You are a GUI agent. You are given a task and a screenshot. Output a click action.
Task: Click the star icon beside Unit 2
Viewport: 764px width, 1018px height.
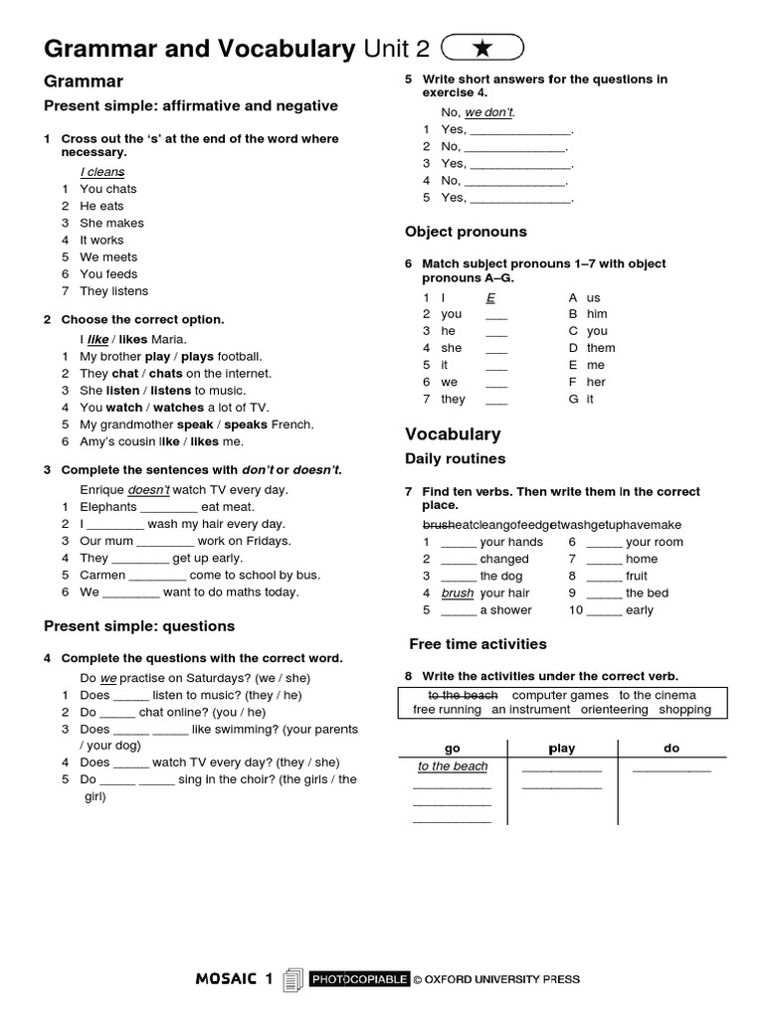pos(481,48)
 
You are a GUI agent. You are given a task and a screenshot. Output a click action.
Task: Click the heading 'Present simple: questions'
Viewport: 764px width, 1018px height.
pos(139,626)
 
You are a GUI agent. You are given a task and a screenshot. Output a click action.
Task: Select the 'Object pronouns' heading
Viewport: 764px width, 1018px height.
pos(466,232)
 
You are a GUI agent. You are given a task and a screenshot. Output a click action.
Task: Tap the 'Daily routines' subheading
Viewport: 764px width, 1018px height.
pos(455,458)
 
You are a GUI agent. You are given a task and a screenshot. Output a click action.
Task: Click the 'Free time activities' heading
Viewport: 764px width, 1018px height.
pos(477,643)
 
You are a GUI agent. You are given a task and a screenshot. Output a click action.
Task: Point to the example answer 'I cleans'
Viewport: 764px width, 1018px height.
pos(102,172)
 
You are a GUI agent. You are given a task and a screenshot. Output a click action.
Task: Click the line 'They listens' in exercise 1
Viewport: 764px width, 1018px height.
pos(113,291)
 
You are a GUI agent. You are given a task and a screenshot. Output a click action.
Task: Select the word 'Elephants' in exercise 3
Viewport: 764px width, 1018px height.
pos(108,507)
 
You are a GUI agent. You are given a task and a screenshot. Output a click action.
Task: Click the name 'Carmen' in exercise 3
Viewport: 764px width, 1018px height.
pos(102,575)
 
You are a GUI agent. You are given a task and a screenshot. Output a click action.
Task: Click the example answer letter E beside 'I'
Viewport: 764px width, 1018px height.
pos(490,297)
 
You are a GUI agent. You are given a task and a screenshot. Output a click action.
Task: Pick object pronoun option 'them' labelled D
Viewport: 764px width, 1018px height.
pos(600,348)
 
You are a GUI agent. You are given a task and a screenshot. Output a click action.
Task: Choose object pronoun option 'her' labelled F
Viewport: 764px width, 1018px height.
pos(596,382)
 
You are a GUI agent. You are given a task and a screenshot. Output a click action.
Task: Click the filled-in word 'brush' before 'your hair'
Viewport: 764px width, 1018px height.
pos(458,594)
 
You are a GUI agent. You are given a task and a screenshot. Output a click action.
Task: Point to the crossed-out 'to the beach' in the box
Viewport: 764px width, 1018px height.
pos(463,695)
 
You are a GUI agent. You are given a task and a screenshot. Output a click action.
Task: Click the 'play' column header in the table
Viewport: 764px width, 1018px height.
pos(562,749)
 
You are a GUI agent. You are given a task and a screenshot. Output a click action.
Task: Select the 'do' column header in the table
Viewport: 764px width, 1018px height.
pos(670,749)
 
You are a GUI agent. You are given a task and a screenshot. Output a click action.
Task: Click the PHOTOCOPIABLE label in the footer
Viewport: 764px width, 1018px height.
pos(359,979)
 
